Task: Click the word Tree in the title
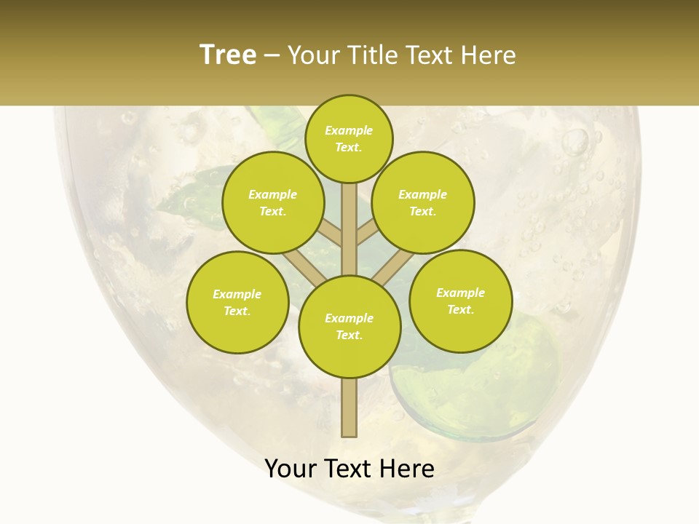click(228, 55)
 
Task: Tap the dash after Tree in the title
click(272, 56)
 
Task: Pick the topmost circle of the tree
click(349, 138)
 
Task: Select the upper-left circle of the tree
click(273, 202)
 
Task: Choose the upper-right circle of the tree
click(423, 202)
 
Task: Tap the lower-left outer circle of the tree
click(237, 302)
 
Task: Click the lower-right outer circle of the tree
click(461, 301)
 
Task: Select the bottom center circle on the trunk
click(349, 327)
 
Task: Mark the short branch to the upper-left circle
click(330, 233)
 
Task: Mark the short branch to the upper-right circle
click(368, 233)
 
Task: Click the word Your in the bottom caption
click(291, 469)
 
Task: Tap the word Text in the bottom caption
click(349, 469)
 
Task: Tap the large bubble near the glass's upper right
click(576, 142)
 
